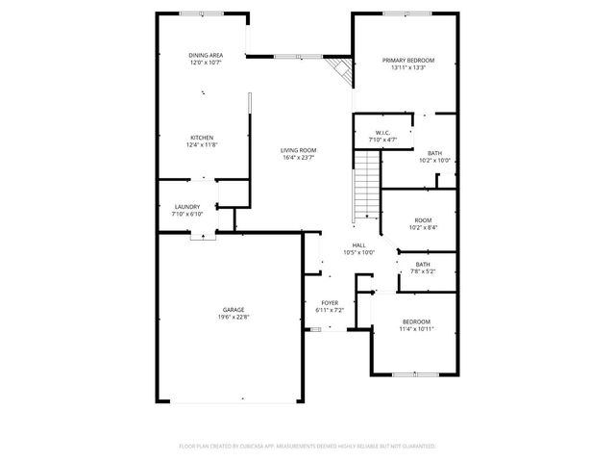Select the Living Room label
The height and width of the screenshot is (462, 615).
point(299,150)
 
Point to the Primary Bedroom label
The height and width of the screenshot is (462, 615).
point(408,61)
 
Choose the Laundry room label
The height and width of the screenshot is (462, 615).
point(186,206)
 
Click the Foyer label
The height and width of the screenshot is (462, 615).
point(330,302)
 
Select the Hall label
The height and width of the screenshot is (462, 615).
point(358,245)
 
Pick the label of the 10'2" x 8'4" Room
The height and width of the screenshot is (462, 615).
point(423,220)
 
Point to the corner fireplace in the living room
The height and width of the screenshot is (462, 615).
point(337,68)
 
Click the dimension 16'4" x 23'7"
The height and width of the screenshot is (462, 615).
point(299,158)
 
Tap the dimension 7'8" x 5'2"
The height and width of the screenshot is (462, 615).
point(423,271)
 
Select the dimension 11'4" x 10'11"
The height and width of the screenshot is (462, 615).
point(416,329)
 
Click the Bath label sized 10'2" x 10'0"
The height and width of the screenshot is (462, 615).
point(434,153)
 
